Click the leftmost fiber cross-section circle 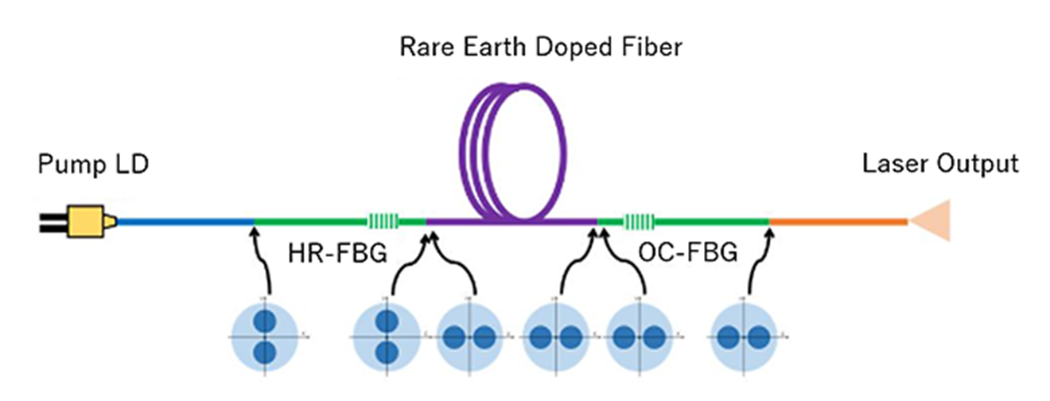pos(264,337)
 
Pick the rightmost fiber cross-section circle pos(742,337)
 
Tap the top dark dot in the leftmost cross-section pos(264,322)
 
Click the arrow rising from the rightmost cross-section pos(756,263)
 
